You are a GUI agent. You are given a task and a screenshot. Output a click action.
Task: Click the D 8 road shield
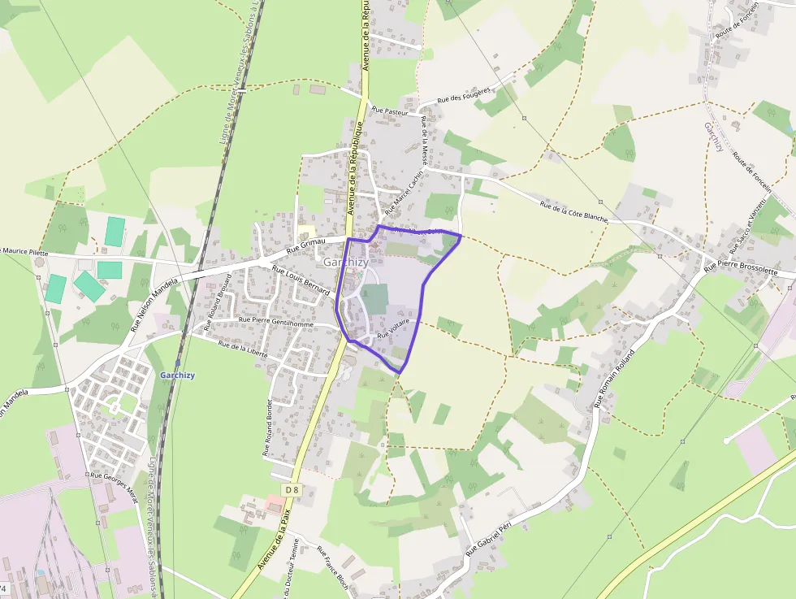292,490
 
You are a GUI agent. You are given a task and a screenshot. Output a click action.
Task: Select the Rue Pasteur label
389,111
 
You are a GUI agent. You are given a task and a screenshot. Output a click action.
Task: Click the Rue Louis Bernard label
301,280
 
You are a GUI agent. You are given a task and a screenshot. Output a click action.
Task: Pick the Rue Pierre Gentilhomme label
277,322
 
